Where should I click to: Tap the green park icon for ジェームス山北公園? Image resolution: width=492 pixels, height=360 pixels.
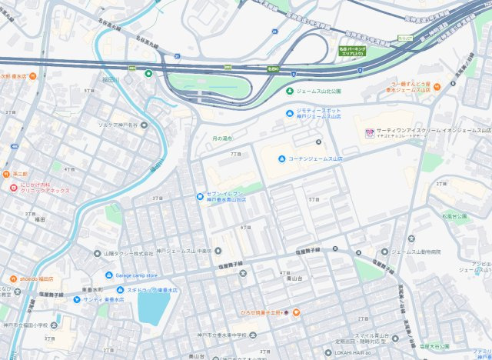pyautogui.click(x=290, y=92)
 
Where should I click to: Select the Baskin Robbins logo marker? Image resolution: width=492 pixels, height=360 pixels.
pyautogui.click(x=370, y=132)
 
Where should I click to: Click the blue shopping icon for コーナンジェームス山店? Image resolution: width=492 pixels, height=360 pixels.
pyautogui.click(x=281, y=158)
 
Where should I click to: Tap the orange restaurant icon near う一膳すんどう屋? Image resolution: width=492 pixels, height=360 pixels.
pyautogui.click(x=437, y=86)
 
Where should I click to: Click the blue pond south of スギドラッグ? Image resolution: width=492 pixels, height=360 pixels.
pyautogui.click(x=153, y=307)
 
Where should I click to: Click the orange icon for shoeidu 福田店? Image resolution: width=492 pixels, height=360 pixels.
pyautogui.click(x=13, y=278)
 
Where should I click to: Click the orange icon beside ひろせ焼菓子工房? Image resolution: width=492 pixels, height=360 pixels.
pyautogui.click(x=296, y=313)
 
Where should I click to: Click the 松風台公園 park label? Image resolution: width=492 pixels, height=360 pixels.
pyautogui.click(x=454, y=217)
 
